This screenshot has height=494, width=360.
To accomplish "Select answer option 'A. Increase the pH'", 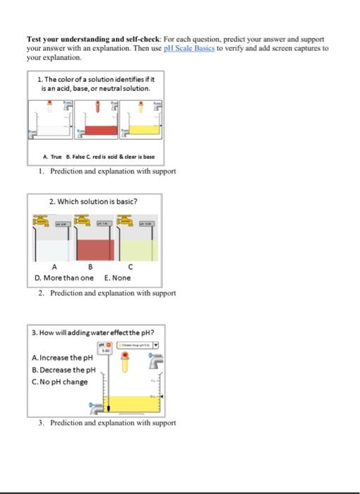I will point(63,357).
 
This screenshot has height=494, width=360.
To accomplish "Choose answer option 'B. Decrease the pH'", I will point(64,369).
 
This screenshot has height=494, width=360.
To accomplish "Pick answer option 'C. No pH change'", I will point(60,382).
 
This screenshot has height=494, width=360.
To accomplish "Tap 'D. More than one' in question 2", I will point(64,277).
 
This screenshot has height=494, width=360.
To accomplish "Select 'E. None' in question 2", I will point(117,277).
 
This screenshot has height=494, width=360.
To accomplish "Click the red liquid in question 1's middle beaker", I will point(98,131).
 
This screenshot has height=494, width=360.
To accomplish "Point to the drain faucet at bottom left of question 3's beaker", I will point(95,407).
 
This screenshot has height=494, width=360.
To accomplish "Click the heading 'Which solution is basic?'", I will point(93,202).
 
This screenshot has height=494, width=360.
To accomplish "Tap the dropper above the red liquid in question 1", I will point(96,107).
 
